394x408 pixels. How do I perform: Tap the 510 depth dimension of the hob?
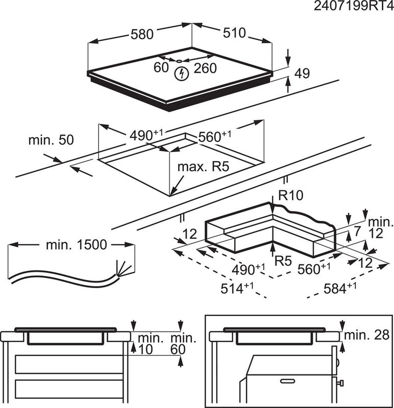point(233,33)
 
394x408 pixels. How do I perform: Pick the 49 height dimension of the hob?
point(302,74)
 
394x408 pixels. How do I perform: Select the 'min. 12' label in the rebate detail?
point(380,227)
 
